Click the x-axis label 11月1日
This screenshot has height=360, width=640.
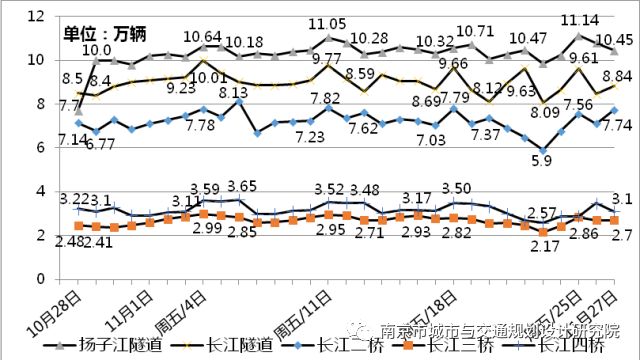130,308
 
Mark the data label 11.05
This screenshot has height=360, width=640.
327,23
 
